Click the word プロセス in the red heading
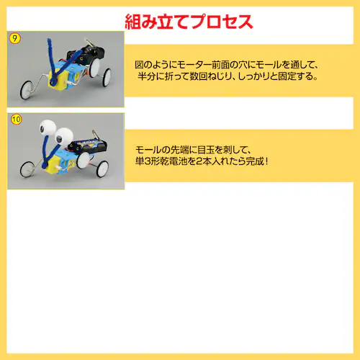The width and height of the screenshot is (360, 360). (x=222, y=22)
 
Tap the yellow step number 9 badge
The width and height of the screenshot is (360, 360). (x=15, y=39)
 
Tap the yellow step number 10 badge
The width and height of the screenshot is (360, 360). (x=17, y=120)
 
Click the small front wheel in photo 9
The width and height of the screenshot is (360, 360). (x=26, y=89)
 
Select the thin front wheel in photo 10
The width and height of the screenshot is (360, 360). (x=27, y=169)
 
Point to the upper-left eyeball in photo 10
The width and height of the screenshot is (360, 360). (x=48, y=127)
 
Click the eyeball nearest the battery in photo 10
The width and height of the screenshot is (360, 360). (x=64, y=135)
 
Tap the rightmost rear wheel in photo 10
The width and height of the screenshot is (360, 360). (x=102, y=168)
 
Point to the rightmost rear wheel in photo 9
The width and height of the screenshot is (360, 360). (x=106, y=78)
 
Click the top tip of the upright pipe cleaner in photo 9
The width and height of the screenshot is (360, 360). (x=49, y=40)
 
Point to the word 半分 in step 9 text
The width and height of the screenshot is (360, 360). (x=146, y=76)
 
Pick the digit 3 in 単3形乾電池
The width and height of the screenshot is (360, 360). (x=148, y=161)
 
